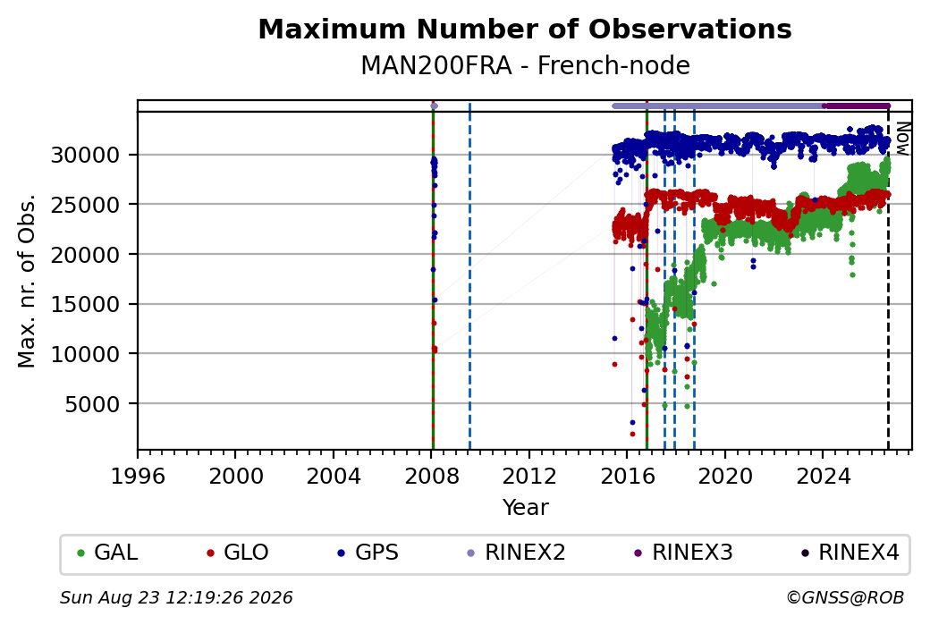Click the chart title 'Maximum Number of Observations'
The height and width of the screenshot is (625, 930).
(525, 29)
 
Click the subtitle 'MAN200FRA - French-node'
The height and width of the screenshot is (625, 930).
(525, 65)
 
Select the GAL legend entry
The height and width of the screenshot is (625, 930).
(107, 553)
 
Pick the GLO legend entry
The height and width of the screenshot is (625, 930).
(237, 553)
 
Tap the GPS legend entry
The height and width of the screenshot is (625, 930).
(368, 553)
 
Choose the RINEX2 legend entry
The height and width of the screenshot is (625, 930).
(516, 553)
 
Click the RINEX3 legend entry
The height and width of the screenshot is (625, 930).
(683, 553)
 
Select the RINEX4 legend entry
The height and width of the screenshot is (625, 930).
(850, 553)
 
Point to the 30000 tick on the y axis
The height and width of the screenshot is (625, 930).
(86, 156)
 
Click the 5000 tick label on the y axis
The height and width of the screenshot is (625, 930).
(92, 404)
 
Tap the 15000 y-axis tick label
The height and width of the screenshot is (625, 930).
(86, 304)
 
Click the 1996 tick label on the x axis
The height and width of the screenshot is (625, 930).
(138, 477)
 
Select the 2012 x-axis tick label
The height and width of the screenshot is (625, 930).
(529, 477)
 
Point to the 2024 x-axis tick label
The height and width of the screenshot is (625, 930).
(823, 477)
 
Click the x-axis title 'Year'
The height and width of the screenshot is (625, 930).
(526, 508)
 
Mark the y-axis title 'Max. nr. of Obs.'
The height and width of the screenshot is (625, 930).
(27, 281)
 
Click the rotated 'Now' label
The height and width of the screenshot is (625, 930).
(902, 139)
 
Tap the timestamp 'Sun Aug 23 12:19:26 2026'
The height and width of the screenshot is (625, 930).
(176, 597)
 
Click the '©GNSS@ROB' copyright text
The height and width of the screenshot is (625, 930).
(845, 597)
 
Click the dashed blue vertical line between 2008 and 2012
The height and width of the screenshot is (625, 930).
(469, 276)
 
